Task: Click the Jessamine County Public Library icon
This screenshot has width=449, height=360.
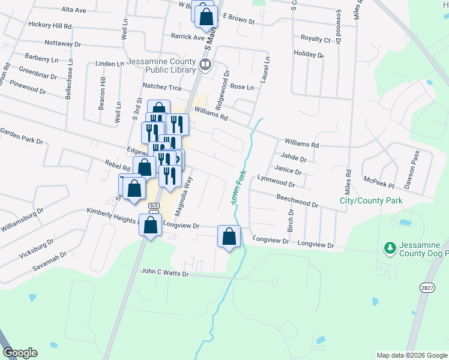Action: tap(205, 64)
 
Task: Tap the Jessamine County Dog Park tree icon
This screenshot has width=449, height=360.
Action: tap(390, 247)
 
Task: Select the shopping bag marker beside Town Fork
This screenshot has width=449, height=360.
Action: tap(229, 236)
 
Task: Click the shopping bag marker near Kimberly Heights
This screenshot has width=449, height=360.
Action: tap(151, 226)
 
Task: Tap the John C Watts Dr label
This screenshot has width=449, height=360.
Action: tap(164, 272)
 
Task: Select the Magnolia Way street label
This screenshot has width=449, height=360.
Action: tap(183, 196)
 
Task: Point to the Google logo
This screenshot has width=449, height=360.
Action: tap(20, 353)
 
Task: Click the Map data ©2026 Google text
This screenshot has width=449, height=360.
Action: tap(412, 355)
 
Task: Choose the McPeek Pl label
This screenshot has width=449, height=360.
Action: tap(379, 179)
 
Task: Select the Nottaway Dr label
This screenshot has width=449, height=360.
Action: tap(62, 43)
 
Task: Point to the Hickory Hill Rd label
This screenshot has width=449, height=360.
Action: tap(50, 26)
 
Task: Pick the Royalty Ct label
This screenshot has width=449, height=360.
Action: tap(315, 39)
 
